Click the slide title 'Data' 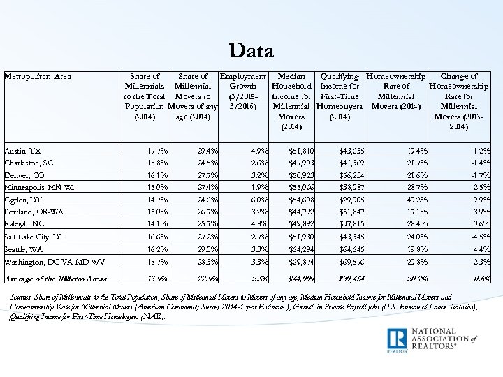click(251, 50)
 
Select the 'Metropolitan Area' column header click(37, 76)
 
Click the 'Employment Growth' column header click(242, 91)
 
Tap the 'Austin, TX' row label click(23, 151)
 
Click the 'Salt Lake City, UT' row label click(34, 237)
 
